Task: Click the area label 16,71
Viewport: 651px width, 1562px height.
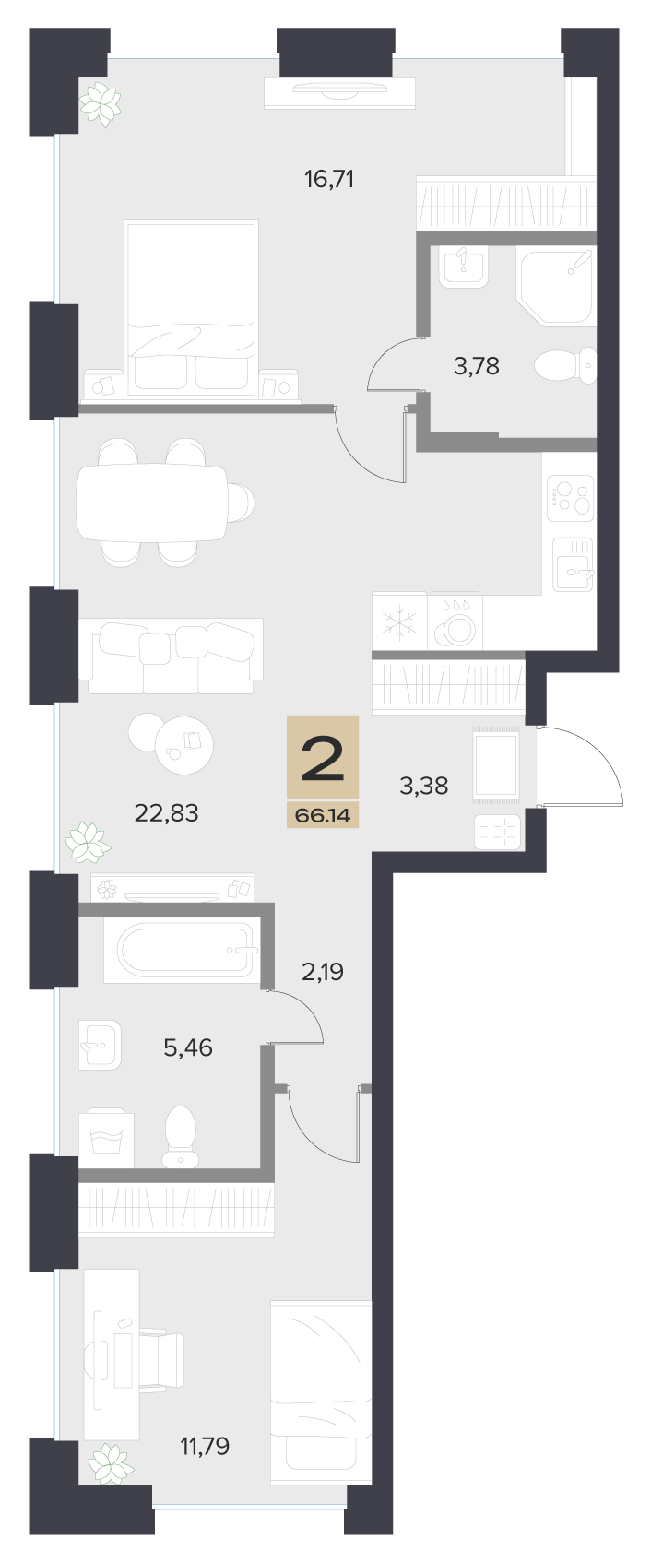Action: tap(329, 180)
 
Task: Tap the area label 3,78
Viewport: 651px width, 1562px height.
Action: tap(477, 365)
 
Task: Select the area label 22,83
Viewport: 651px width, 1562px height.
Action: tap(167, 812)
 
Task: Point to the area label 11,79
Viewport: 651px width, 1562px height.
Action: tap(205, 1446)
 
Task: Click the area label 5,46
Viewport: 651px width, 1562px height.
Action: tap(188, 1047)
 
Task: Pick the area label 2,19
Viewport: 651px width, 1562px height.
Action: tap(323, 971)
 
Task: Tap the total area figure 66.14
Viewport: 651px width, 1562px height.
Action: tap(323, 814)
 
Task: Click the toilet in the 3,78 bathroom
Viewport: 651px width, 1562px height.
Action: tap(565, 365)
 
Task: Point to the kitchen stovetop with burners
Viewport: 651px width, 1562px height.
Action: tap(570, 498)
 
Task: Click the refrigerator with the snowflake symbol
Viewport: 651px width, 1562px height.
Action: tap(399, 621)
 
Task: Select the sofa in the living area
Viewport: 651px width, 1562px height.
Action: tap(171, 656)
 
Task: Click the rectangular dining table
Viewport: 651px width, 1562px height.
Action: tap(153, 502)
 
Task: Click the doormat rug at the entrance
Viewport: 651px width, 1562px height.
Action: tap(496, 763)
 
